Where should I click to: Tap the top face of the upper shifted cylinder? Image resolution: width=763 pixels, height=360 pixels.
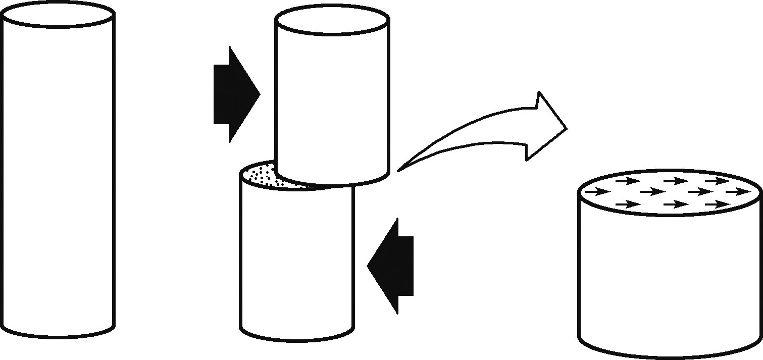(x=332, y=23)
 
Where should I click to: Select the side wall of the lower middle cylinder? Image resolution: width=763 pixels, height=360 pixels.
(x=296, y=263)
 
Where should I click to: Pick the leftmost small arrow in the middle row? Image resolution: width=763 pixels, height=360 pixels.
(x=596, y=192)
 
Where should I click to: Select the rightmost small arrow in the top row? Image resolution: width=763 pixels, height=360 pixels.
(x=717, y=180)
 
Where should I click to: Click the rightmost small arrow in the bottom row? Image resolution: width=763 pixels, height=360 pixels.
(x=717, y=204)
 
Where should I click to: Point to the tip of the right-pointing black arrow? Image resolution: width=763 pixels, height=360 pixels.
(x=259, y=94)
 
